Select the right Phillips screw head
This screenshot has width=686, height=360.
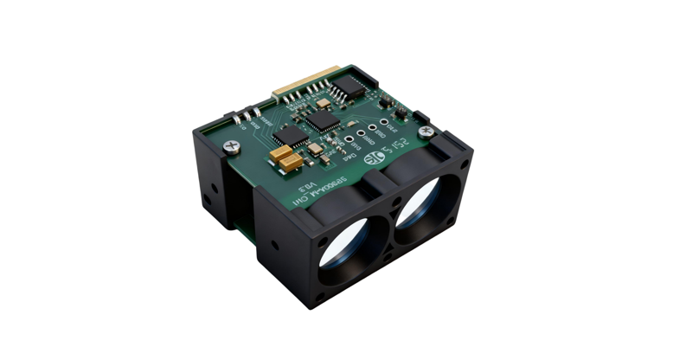pyautogui.click(x=426, y=131)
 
